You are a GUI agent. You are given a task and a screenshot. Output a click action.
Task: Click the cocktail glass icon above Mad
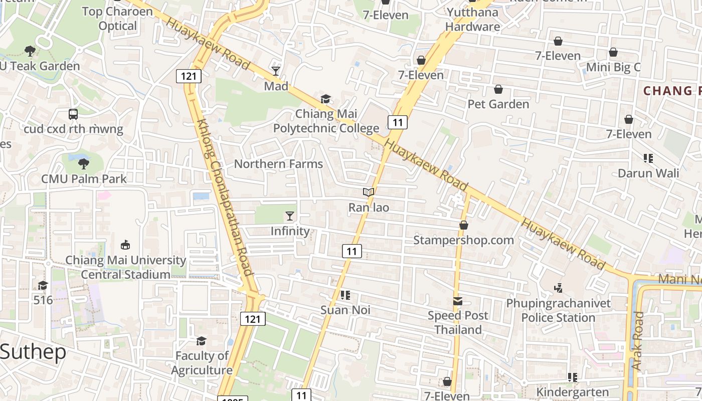tap(276, 71)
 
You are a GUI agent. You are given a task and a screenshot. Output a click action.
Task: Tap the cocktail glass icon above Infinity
tap(290, 216)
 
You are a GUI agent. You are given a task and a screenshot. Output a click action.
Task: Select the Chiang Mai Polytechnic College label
tap(326, 121)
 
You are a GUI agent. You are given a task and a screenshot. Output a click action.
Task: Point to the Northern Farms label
tap(278, 164)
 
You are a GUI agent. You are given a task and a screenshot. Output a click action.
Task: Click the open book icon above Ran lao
tap(369, 192)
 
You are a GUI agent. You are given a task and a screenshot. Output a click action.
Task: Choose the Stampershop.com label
tap(463, 240)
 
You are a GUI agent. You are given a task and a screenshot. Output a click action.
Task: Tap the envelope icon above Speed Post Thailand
tap(458, 301)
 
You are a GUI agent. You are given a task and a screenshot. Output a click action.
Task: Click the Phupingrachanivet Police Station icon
tap(558, 288)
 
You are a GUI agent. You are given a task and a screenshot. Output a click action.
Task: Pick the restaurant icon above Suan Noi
tap(345, 295)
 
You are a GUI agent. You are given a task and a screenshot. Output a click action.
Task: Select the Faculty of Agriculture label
tap(202, 363)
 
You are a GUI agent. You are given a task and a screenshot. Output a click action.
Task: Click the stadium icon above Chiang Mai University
tap(125, 245)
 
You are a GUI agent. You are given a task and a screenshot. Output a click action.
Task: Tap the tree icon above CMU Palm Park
tap(84, 163)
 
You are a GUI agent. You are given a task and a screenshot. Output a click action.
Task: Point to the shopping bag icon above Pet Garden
tap(498, 90)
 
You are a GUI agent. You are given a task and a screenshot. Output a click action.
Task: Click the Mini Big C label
tap(613, 67)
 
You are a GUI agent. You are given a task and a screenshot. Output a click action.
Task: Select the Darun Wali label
tap(648, 173)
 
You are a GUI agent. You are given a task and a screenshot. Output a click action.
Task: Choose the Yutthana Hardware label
tap(472, 20)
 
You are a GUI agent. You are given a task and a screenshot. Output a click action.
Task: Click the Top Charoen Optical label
tap(117, 19)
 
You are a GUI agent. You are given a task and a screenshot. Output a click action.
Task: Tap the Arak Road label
tap(638, 341)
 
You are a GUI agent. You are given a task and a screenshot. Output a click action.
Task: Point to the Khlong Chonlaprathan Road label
tap(224, 196)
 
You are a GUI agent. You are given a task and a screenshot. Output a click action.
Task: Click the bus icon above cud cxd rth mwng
tap(73, 114)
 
